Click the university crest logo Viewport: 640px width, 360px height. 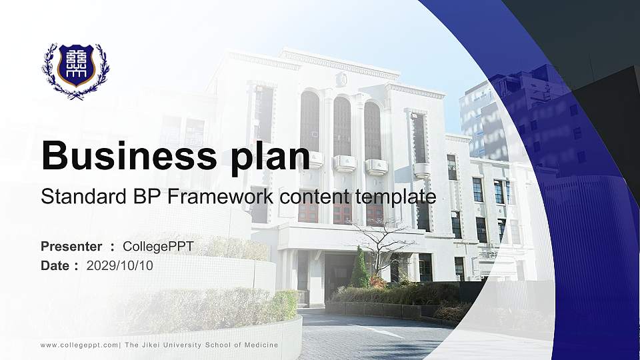point(75,70)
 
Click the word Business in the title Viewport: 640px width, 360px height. point(124,156)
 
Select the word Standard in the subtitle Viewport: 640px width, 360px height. point(73,197)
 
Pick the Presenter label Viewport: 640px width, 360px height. point(71,247)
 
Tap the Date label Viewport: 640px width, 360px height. point(55,265)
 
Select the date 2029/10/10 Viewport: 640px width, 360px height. point(120,265)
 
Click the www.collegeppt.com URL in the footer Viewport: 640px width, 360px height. point(79,345)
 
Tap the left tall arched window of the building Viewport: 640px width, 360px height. point(309,121)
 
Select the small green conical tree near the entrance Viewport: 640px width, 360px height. point(360,269)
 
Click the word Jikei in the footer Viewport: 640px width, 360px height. point(149,345)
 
